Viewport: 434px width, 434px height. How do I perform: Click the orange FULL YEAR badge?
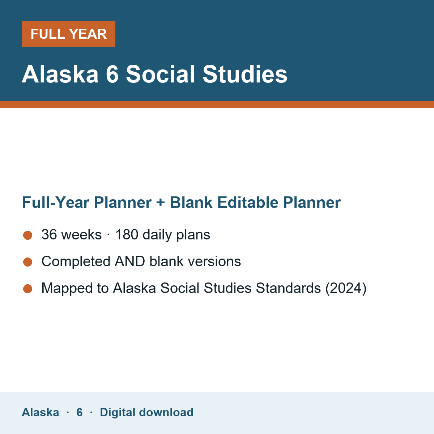[x=68, y=34]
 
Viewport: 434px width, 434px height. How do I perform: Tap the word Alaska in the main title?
[x=60, y=74]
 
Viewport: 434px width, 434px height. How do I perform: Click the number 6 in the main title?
[x=112, y=74]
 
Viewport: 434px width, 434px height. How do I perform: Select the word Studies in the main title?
[x=245, y=74]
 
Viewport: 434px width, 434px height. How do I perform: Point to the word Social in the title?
[x=160, y=74]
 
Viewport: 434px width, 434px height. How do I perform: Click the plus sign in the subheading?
[x=161, y=203]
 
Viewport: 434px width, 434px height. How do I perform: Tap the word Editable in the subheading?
[x=248, y=203]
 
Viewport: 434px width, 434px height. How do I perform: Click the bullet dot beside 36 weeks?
[x=28, y=235]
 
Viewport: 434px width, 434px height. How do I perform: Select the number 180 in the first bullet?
[x=127, y=234]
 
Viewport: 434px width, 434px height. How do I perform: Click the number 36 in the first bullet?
[x=49, y=234]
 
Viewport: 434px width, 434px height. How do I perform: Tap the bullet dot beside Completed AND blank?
[x=28, y=262]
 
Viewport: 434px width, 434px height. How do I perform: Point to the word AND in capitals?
[x=130, y=261]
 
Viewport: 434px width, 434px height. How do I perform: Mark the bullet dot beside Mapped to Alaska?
[x=28, y=289]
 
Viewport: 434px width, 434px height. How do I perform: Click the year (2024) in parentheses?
[x=346, y=288]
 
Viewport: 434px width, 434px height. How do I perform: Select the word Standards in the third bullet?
[x=288, y=288]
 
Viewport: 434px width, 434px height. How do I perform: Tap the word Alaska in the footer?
[x=40, y=412]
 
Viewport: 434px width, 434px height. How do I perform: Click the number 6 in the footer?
[x=80, y=412]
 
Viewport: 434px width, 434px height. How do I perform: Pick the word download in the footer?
[x=166, y=412]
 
